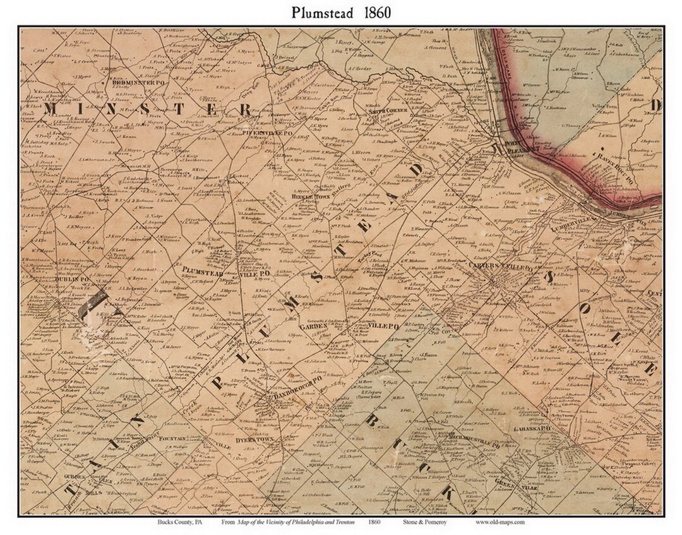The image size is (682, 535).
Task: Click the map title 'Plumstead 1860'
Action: click(341, 13)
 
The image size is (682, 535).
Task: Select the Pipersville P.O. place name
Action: click(266, 133)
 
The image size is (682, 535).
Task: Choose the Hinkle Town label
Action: click(311, 196)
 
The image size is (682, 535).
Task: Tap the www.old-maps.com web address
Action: click(500, 522)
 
